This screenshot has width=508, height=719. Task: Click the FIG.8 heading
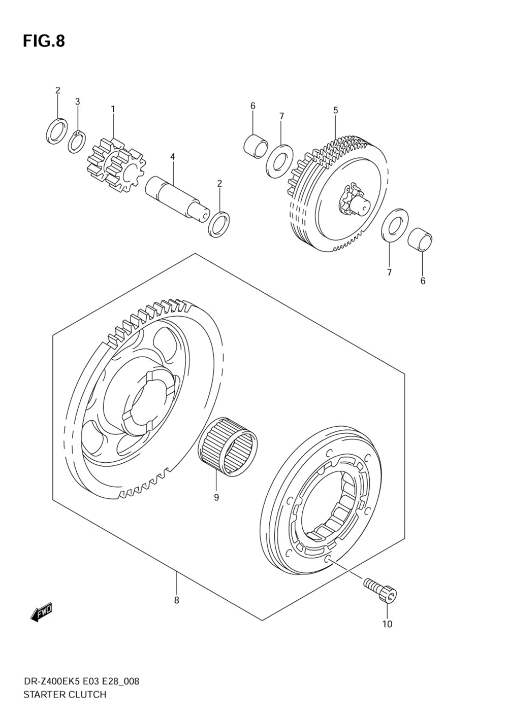tap(44, 41)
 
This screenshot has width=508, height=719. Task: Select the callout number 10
tap(387, 624)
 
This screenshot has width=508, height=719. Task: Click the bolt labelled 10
tap(381, 590)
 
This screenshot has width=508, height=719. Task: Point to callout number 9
tap(216, 497)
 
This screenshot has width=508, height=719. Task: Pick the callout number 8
tap(176, 600)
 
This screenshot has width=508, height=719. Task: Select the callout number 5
tap(335, 110)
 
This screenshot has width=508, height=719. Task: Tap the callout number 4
tap(173, 157)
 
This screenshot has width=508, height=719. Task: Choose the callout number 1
tap(113, 109)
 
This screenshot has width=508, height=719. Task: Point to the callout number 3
tap(78, 101)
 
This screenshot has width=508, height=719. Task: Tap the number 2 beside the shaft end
tap(219, 183)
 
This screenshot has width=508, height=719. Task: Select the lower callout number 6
tap(423, 281)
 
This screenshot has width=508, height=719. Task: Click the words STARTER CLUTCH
tap(65, 695)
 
